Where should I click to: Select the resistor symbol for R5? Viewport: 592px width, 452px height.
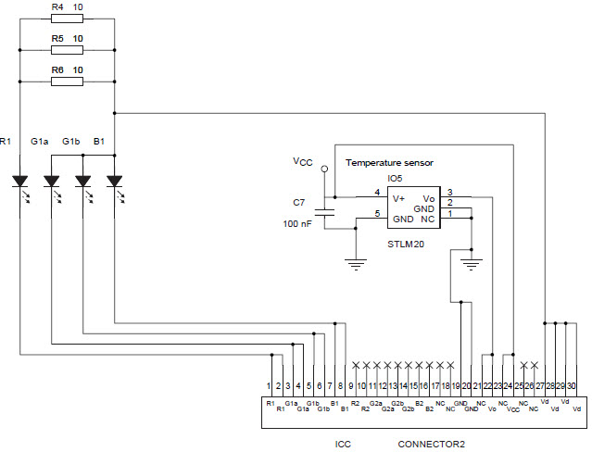click(67, 51)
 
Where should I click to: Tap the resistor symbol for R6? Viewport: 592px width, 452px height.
click(67, 82)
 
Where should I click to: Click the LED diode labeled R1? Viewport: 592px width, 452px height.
click(20, 180)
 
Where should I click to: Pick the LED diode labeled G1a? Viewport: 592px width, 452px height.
click(52, 180)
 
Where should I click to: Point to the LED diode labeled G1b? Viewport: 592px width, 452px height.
click(83, 180)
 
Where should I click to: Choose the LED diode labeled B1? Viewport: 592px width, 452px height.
click(114, 180)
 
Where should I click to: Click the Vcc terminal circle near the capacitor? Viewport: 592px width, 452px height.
click(324, 169)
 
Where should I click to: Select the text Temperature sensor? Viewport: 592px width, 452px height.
click(389, 163)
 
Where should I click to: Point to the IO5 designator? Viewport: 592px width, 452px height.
click(395, 178)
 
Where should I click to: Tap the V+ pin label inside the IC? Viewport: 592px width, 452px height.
click(399, 197)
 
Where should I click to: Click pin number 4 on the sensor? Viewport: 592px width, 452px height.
click(376, 192)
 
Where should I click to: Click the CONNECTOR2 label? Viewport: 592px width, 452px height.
click(431, 444)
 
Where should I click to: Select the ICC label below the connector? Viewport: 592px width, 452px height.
click(344, 444)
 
